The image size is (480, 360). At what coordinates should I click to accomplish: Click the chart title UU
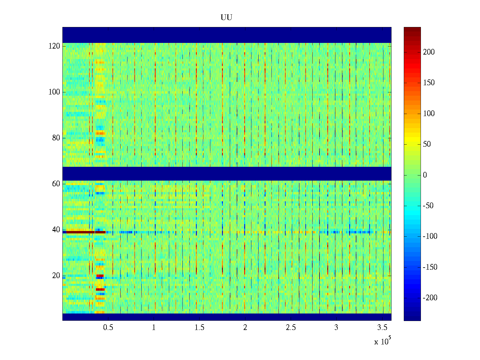[226, 18]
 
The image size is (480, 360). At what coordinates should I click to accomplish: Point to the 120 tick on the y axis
[54, 46]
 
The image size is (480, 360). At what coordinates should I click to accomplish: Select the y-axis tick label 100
[54, 92]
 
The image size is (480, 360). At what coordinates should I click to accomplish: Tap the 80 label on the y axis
[56, 138]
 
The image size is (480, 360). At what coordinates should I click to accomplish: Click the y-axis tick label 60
[56, 184]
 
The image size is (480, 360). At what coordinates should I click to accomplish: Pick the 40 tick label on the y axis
[56, 230]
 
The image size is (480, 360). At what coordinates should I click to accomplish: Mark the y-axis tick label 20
[56, 276]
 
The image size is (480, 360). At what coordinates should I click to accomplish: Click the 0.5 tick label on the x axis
[108, 328]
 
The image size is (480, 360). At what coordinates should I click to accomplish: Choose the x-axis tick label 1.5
[199, 328]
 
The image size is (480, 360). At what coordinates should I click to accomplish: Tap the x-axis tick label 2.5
[291, 328]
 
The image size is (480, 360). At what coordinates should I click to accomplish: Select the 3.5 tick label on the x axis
[382, 328]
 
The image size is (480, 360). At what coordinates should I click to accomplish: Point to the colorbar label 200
[429, 52]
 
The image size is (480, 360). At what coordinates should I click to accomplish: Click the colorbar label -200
[430, 298]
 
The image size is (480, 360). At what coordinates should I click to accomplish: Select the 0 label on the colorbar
[425, 175]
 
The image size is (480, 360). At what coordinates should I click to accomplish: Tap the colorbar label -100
[430, 236]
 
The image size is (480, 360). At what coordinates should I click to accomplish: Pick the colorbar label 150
[429, 83]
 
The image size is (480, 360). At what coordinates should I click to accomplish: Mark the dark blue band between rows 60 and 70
[227, 174]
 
